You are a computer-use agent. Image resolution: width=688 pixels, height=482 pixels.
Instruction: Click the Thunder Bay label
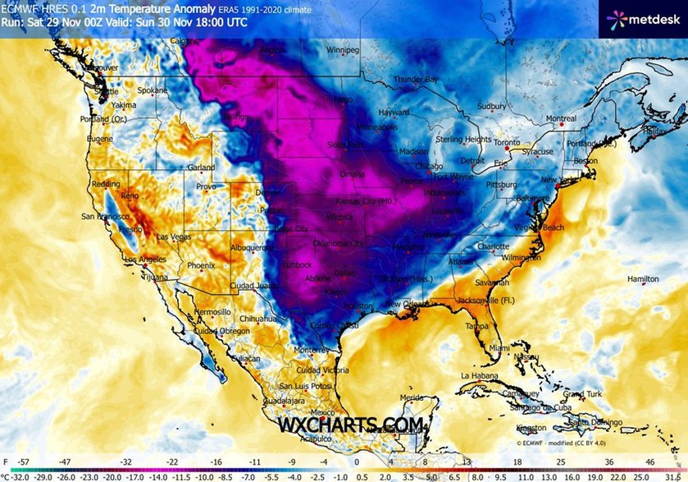point(415,80)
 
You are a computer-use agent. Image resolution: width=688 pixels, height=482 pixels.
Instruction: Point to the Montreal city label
point(561,118)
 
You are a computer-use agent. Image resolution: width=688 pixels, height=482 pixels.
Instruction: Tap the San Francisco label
point(103,216)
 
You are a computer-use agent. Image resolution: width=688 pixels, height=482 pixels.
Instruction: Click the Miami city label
point(499,348)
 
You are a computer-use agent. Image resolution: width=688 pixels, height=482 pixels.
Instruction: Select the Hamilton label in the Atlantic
point(642,279)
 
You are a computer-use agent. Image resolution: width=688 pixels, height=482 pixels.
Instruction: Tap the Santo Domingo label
point(590,422)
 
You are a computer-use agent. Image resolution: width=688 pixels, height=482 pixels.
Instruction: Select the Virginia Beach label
point(539,227)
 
